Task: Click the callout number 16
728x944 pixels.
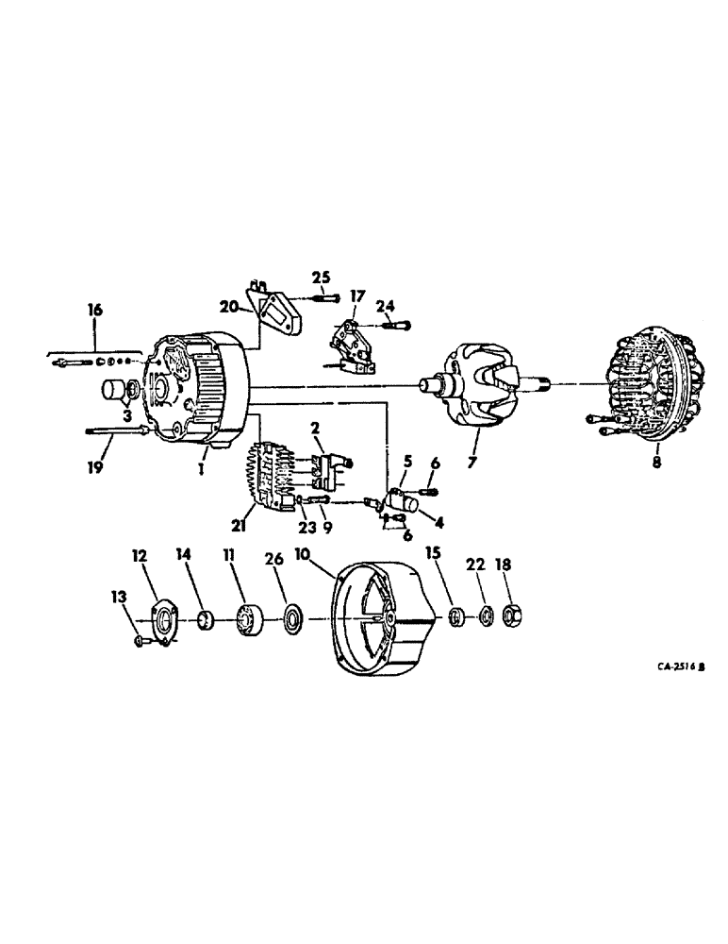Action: tap(95, 310)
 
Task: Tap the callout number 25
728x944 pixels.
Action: tap(322, 277)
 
